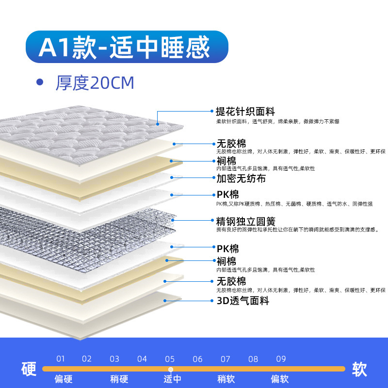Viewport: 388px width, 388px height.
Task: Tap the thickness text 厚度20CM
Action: click(x=95, y=83)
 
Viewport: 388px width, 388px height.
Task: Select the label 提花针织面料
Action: click(x=245, y=112)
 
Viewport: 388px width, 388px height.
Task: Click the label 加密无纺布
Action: click(x=241, y=178)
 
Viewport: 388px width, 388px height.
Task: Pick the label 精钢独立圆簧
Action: click(x=245, y=221)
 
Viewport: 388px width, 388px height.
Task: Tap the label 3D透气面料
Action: click(x=242, y=301)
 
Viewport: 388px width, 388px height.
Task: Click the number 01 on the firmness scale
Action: click(x=60, y=359)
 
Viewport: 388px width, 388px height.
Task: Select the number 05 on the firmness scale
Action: click(x=170, y=359)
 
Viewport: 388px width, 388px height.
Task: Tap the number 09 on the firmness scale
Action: click(x=281, y=359)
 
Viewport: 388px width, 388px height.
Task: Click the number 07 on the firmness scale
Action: click(x=226, y=359)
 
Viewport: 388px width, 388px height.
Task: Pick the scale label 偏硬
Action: click(x=64, y=379)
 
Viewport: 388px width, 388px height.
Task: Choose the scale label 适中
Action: click(x=172, y=379)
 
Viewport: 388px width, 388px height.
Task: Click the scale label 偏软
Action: click(x=279, y=379)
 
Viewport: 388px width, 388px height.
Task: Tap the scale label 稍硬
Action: click(x=119, y=379)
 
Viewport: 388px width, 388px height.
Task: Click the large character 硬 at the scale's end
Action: click(x=29, y=369)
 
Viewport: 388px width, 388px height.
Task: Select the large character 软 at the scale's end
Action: click(x=359, y=369)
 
